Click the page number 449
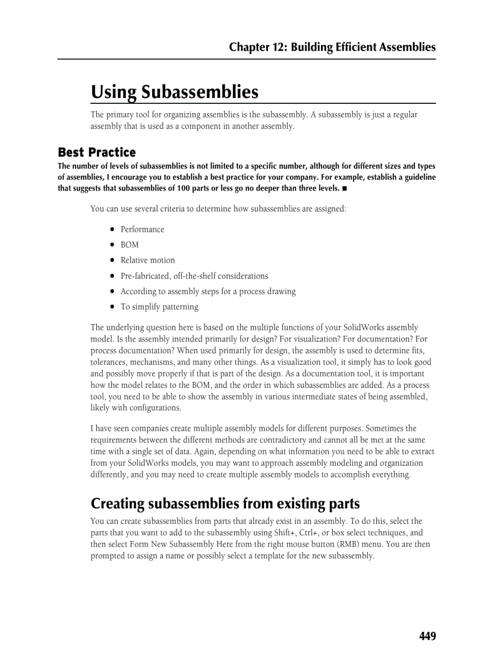[427, 636]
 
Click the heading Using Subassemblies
[175, 92]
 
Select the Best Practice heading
[96, 152]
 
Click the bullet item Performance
[142, 229]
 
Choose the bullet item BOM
[130, 245]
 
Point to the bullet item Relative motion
[147, 260]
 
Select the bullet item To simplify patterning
[159, 306]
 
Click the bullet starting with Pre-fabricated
[194, 276]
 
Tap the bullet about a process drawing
[207, 291]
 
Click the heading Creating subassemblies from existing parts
[225, 504]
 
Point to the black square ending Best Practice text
[345, 189]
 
